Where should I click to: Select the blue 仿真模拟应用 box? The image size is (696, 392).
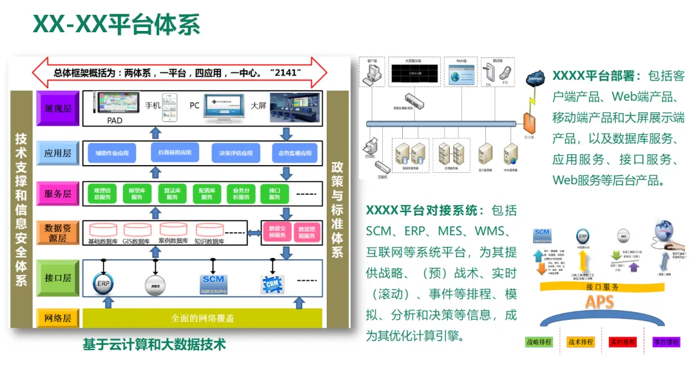point(174,153)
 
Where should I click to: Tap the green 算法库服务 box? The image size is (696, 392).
point(171,193)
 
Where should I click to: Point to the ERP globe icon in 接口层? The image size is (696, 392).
point(102,282)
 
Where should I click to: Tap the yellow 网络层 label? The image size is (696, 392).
point(57,318)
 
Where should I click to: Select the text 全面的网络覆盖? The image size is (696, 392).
point(202,318)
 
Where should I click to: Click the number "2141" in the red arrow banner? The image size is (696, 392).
point(287,72)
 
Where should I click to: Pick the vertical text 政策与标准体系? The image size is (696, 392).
point(337,209)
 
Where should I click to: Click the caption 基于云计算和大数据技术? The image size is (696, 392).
point(154,344)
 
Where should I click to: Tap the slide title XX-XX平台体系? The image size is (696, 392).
point(117,24)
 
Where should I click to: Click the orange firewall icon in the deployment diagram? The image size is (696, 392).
point(529,122)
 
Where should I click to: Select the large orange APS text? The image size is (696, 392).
point(599,302)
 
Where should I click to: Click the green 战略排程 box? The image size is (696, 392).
point(539,342)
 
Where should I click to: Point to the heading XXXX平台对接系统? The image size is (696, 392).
point(423,210)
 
